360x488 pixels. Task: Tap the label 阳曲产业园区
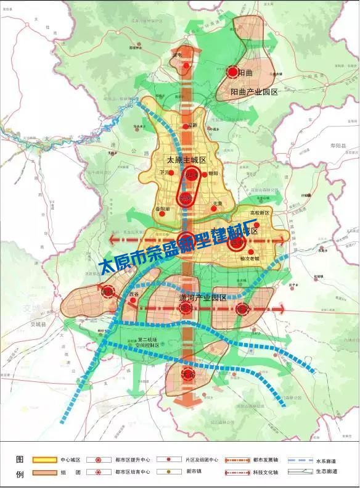pos(255,92)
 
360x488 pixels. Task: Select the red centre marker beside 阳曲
pos(232,73)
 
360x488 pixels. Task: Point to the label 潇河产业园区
pos(199,297)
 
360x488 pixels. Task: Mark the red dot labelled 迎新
pos(187,127)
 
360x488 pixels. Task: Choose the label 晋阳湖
pos(161,210)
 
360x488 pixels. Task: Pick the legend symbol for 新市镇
pos(169,473)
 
